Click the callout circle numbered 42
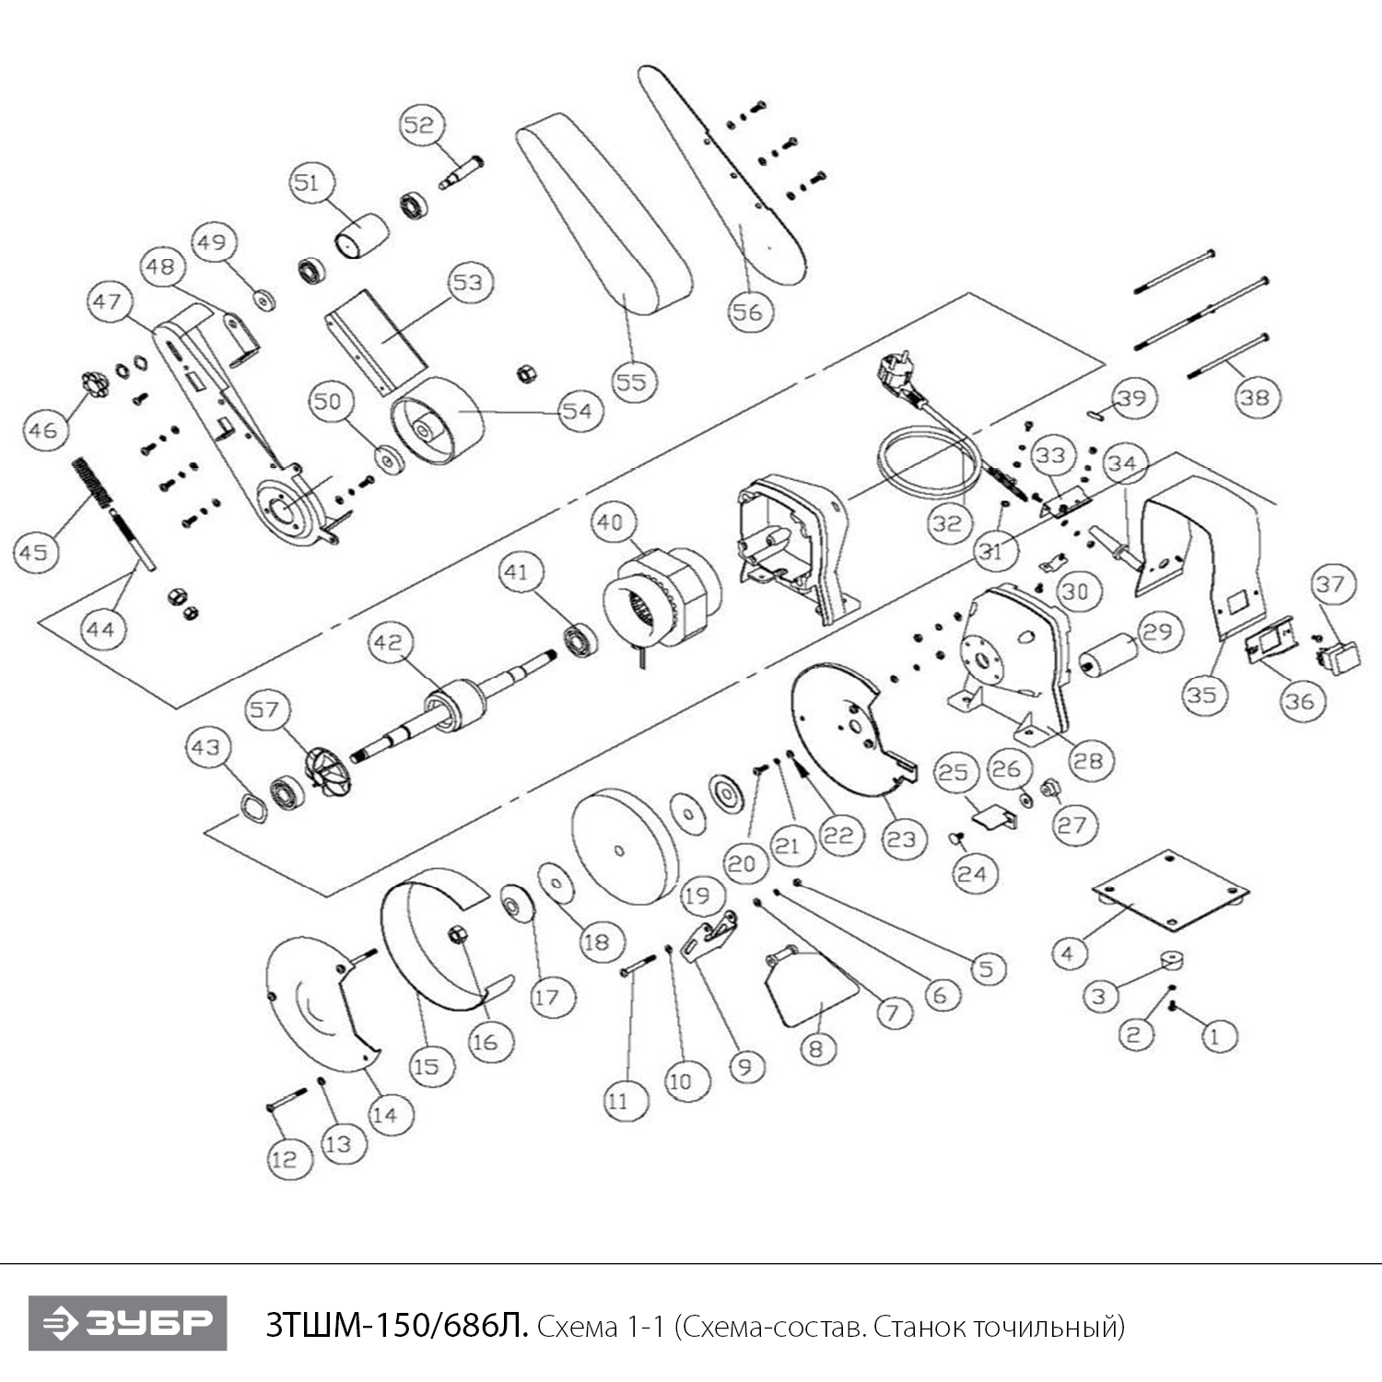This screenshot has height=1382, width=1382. click(x=389, y=642)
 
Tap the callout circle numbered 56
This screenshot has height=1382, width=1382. click(x=747, y=311)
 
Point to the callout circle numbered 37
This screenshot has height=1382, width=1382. click(x=1330, y=583)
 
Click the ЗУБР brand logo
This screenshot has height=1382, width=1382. click(x=127, y=1323)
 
